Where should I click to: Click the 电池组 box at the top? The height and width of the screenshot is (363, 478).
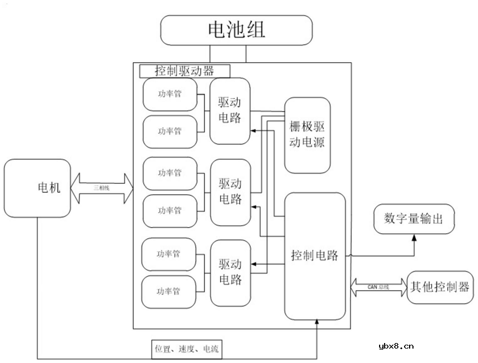click(236, 30)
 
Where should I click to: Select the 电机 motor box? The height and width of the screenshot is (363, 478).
click(37, 188)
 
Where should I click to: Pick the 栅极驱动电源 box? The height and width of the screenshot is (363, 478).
click(307, 135)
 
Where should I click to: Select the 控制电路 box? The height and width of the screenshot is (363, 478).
click(315, 256)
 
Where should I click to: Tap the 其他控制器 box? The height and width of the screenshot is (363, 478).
click(439, 288)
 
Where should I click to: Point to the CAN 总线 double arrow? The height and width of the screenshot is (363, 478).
click(379, 288)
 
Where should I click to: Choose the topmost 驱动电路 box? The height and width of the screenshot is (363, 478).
click(230, 111)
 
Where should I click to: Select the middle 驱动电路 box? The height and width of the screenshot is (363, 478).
click(230, 191)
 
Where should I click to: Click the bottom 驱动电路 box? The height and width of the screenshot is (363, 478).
click(230, 271)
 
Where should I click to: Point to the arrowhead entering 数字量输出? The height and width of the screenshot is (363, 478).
click(414, 237)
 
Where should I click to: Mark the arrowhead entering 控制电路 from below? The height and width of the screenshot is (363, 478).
click(317, 323)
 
